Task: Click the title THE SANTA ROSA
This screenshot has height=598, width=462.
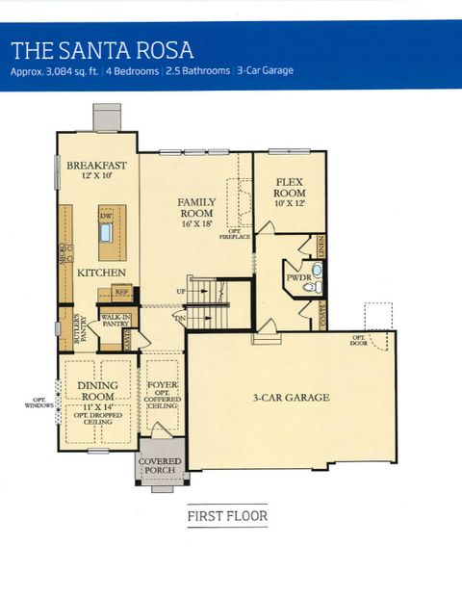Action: tap(102, 49)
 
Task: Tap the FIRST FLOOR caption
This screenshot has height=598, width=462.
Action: tap(227, 516)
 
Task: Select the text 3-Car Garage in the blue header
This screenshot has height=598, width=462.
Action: tap(265, 71)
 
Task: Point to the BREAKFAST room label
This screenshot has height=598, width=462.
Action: tap(97, 166)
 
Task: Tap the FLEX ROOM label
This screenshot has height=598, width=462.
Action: tap(290, 188)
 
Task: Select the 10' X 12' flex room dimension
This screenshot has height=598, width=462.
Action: tap(290, 203)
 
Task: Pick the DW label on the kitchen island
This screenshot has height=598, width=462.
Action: tap(105, 216)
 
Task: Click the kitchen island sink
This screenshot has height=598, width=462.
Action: tap(105, 232)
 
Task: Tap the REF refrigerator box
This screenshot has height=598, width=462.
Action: tap(121, 291)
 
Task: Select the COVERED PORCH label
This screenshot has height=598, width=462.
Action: tap(161, 466)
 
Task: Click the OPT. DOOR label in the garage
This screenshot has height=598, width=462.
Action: tap(358, 339)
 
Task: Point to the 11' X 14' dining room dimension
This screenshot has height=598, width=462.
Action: tap(97, 408)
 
